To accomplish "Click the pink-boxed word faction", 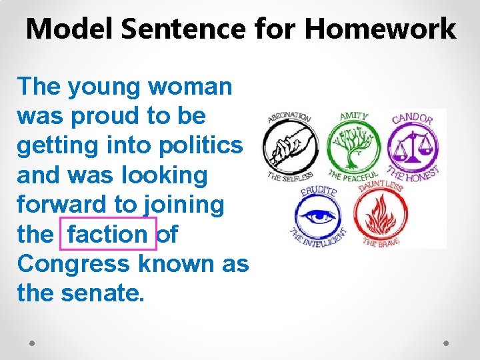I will point(108,234).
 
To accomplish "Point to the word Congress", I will point(75,264).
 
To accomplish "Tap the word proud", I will point(103,116).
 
